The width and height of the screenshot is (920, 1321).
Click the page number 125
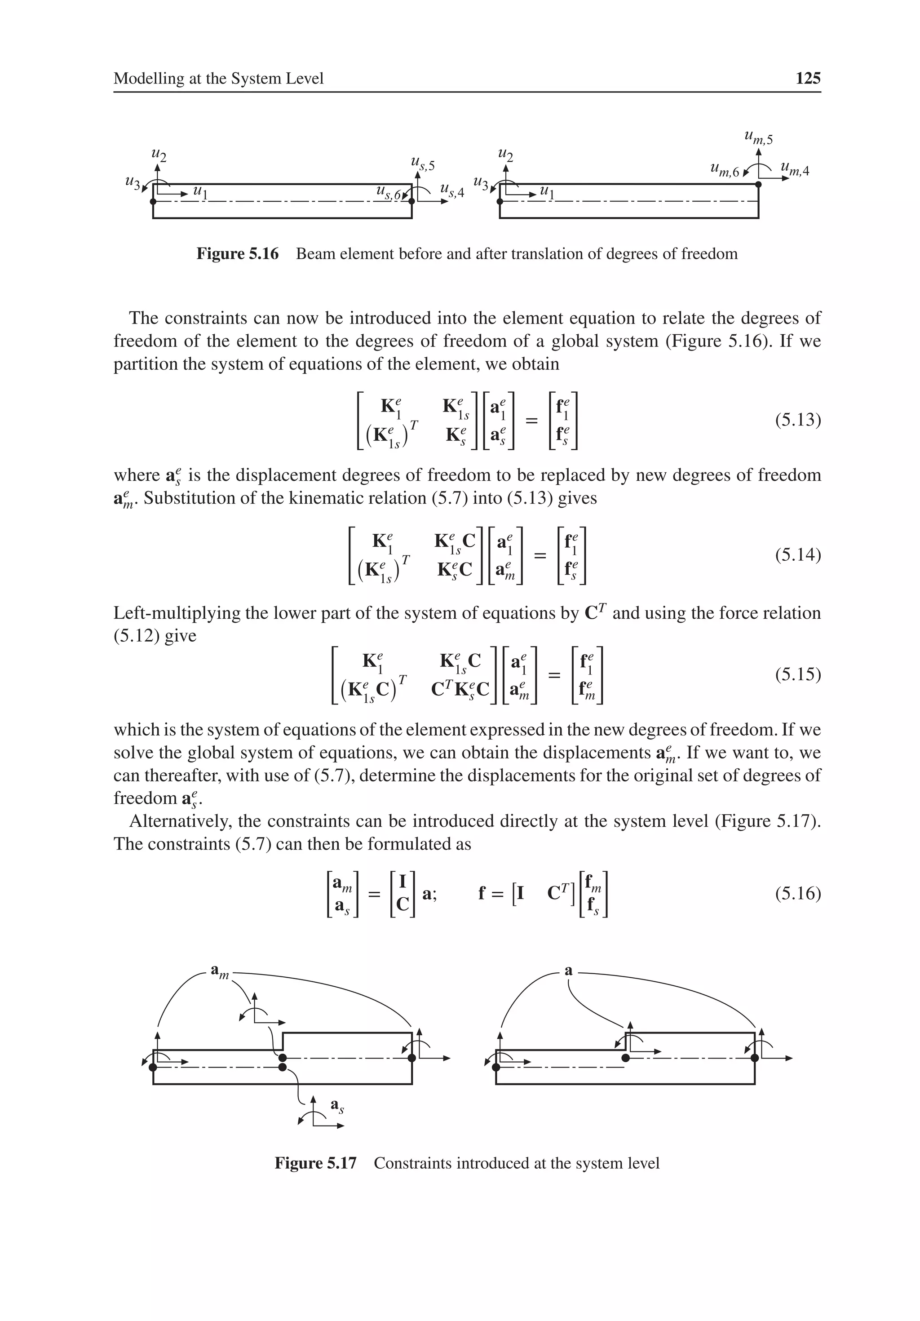(x=807, y=78)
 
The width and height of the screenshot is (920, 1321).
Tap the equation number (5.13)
(x=797, y=420)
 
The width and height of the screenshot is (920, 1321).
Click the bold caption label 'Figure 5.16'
(x=237, y=254)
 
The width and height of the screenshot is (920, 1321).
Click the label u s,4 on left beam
(x=451, y=191)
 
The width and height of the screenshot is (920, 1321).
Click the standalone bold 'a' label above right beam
(x=568, y=971)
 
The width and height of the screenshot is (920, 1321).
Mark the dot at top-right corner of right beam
(x=758, y=184)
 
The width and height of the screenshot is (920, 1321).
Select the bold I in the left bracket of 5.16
(x=403, y=881)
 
